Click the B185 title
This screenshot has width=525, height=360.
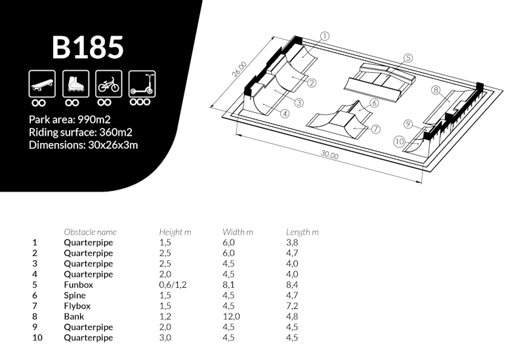pos(88,47)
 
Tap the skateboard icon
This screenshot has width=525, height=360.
pos(42,84)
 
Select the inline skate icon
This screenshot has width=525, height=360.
pos(75,84)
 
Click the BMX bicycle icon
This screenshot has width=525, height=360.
pos(109,84)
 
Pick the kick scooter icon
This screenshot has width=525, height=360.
pos(142,84)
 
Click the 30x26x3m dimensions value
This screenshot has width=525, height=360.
pos(113,145)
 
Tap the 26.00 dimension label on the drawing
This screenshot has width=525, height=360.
pos(240,69)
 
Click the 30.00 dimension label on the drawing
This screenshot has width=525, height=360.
pos(330,154)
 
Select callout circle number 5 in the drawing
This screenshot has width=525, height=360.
pos(408,58)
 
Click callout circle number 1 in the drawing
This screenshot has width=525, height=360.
pos(325,36)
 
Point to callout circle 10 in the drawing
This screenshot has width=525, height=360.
pos(399,142)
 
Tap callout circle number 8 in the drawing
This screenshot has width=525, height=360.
pos(435,90)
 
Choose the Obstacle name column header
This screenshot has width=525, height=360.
pos(90,232)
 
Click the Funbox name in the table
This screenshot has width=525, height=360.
pos(78,285)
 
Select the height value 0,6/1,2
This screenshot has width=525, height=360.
pos(173,285)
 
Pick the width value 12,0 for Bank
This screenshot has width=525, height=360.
pos(231,317)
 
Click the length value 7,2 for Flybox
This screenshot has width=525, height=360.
pos(292,306)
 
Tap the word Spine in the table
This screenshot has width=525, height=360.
pos(75,296)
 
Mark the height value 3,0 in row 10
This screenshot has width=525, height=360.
pos(165,338)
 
